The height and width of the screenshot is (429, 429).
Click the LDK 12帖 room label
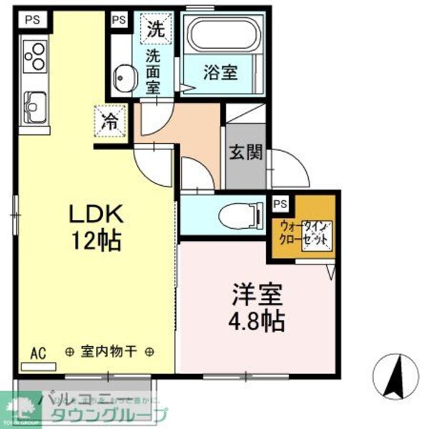click(x=97, y=227)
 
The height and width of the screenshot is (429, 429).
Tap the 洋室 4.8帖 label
click(x=257, y=307)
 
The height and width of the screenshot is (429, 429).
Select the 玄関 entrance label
click(x=245, y=152)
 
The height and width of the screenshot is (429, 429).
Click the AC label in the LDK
click(x=39, y=352)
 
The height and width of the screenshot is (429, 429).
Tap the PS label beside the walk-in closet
click(x=281, y=203)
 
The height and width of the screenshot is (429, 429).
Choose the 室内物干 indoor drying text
click(x=109, y=351)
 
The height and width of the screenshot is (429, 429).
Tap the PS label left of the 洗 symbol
click(x=119, y=19)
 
